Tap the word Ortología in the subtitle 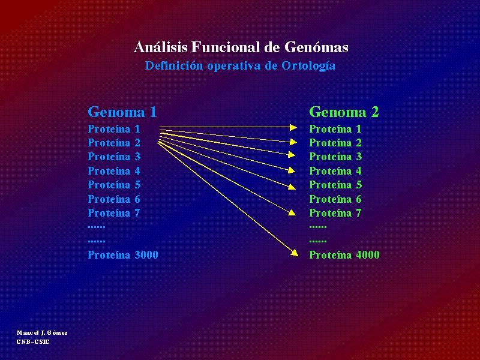[308, 66]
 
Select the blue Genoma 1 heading [122, 112]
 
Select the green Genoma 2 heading [344, 112]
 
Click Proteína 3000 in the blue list [123, 254]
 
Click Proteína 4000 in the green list [344, 254]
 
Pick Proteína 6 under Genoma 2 [335, 199]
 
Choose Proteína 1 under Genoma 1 [114, 129]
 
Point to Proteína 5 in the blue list [114, 185]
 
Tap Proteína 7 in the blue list [114, 213]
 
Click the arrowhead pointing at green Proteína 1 [293, 127]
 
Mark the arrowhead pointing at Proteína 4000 [295, 253]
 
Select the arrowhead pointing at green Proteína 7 [292, 212]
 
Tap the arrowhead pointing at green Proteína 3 [292, 155]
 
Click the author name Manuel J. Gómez [42, 333]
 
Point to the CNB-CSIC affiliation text [33, 341]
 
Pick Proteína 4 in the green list [335, 171]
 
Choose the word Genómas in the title [316, 47]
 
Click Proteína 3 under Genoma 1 [114, 157]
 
